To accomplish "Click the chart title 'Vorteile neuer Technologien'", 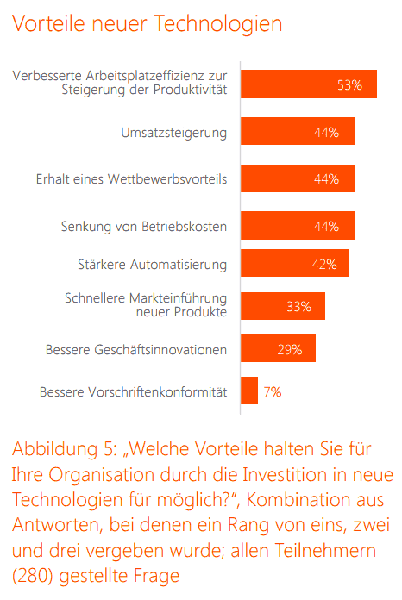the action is click(148, 23).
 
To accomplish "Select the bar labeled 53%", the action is click(309, 84).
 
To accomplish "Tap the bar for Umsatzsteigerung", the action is click(298, 131).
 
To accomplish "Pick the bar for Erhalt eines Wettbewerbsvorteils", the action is click(298, 178).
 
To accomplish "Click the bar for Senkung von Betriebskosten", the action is click(298, 225).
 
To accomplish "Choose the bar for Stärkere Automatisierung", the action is click(295, 263).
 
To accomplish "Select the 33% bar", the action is click(283, 306).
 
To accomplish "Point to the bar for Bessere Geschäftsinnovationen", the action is click(279, 348).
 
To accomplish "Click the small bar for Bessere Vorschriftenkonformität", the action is click(249, 391).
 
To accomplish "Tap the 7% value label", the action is click(273, 392).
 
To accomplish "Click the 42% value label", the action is click(324, 265).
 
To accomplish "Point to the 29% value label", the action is click(290, 350).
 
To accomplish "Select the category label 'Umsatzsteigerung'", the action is click(174, 133).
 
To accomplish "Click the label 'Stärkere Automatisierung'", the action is click(153, 265).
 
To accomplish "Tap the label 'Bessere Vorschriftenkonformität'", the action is click(133, 392).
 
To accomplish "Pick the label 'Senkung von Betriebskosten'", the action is click(144, 227).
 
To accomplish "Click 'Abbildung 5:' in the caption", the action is click(65, 449).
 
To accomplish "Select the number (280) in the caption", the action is click(32, 576).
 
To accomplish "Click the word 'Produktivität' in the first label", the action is click(191, 90).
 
